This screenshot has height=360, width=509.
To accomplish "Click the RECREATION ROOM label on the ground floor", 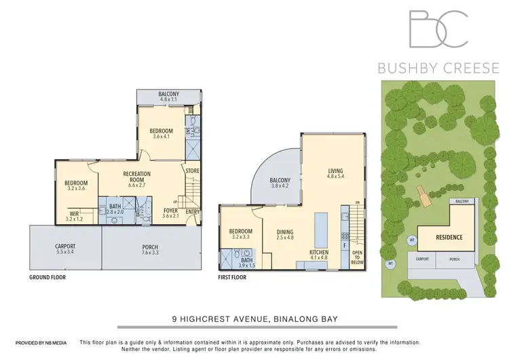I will [x=136, y=178].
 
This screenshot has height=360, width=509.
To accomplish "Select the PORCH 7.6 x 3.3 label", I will [x=151, y=249].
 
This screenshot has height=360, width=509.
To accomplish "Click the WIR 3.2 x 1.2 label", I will [x=75, y=216].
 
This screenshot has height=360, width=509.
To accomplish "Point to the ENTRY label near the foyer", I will [x=193, y=212].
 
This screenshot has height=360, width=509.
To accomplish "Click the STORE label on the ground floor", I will [x=193, y=170].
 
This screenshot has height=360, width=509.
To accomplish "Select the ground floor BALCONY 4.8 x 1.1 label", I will [x=168, y=96].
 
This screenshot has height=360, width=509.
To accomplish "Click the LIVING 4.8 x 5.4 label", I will [x=336, y=175].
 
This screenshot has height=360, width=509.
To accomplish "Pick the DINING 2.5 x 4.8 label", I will [x=285, y=235].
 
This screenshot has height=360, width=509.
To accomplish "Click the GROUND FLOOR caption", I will [x=49, y=278].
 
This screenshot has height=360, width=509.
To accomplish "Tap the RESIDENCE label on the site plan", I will [x=449, y=237].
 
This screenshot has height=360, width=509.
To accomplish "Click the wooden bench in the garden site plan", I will [x=425, y=198].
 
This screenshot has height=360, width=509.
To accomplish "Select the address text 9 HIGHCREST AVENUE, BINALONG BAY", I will [x=254, y=316].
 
